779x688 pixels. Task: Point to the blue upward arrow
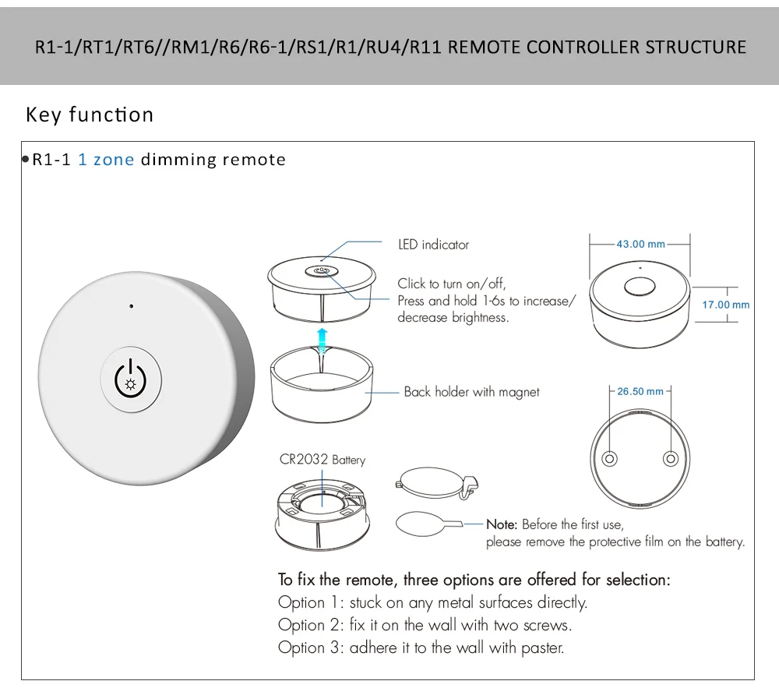pyautogui.click(x=323, y=340)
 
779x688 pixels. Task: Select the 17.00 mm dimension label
pyautogui.click(x=725, y=305)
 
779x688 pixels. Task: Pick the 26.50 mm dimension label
pyautogui.click(x=640, y=391)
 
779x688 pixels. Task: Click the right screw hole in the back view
pyautogui.click(x=670, y=457)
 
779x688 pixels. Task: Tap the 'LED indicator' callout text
pyautogui.click(x=433, y=245)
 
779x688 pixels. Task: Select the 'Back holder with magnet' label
pyautogui.click(x=471, y=392)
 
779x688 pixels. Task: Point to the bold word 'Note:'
pyautogui.click(x=502, y=524)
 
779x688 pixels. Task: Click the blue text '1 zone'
pyautogui.click(x=106, y=160)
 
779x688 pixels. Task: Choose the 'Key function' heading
pyautogui.click(x=90, y=115)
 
